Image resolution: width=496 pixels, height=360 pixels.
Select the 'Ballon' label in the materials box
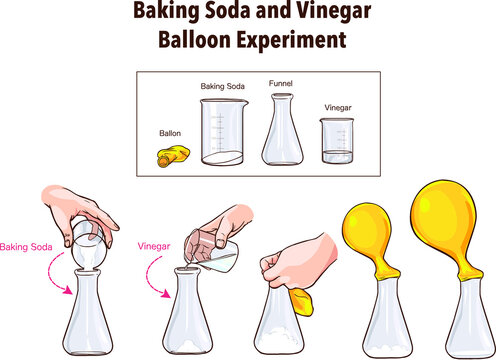(171, 132)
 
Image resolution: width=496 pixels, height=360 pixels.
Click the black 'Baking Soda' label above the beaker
(223, 87)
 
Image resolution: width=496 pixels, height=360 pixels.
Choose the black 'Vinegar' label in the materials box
(338, 107)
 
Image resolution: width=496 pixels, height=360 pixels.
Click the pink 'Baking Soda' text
(27, 246)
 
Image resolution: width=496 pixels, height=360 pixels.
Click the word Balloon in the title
(195, 43)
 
